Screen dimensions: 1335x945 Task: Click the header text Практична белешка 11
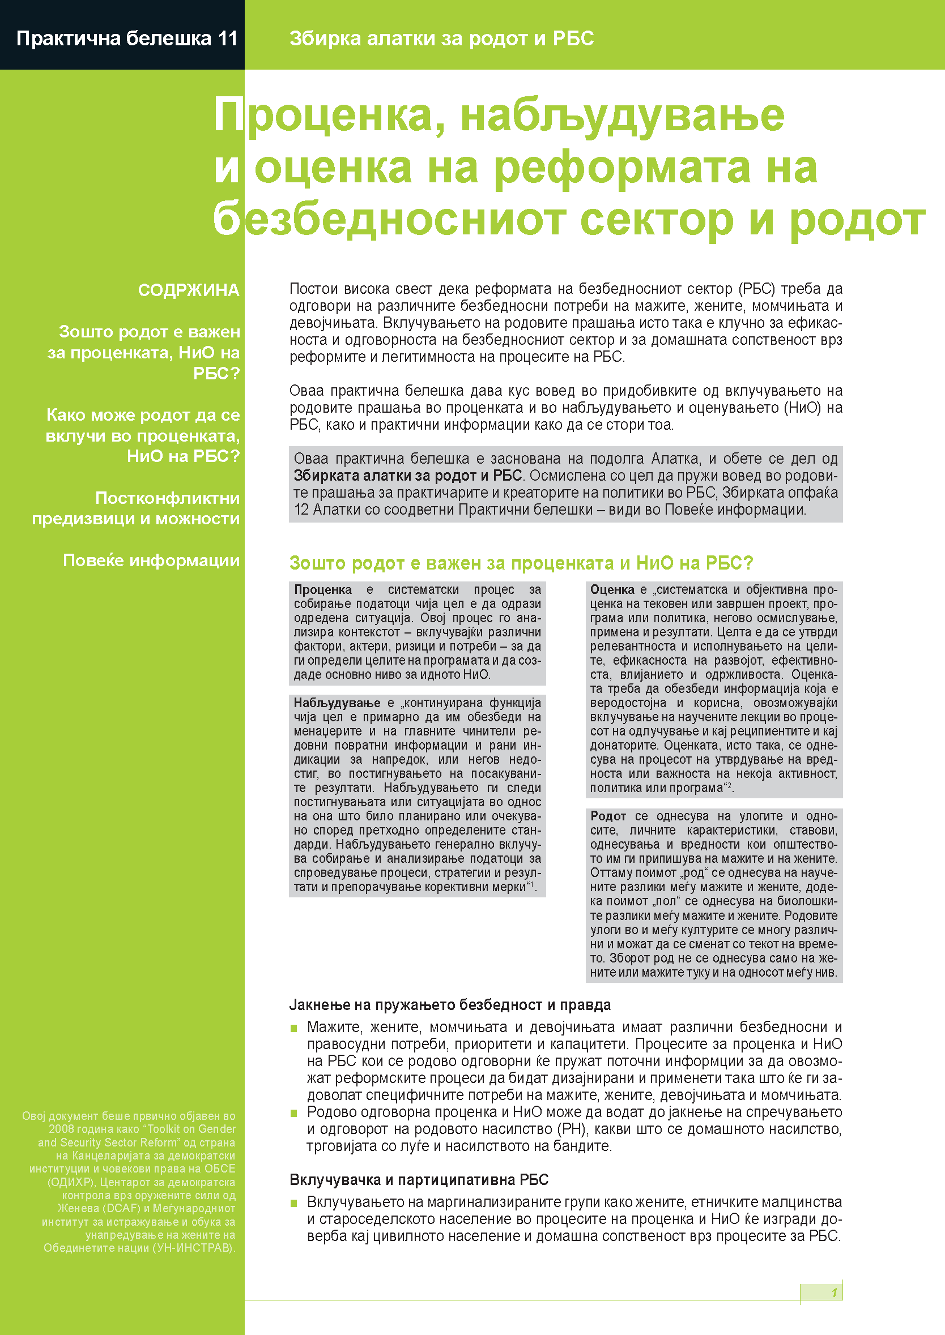[x=127, y=38]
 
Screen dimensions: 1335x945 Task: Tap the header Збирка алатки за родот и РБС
[x=441, y=38]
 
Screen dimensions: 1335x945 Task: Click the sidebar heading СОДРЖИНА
[x=189, y=290]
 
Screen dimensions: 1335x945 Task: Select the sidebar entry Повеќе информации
[x=151, y=560]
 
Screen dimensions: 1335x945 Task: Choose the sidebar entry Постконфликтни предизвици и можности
[x=136, y=508]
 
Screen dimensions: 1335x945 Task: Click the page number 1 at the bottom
[x=834, y=1293]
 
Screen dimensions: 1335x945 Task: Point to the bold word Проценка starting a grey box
[x=323, y=589]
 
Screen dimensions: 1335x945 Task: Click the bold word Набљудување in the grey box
[x=337, y=703]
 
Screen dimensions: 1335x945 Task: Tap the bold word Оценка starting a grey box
[x=612, y=589]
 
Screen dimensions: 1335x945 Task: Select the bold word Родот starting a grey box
[x=608, y=816]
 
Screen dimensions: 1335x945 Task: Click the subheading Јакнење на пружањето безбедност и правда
[x=450, y=1005]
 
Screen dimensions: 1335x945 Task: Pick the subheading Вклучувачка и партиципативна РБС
[x=419, y=1180]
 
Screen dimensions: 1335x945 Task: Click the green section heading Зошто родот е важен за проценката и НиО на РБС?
[x=521, y=563]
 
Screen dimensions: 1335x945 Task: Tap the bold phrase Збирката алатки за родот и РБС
[x=407, y=476]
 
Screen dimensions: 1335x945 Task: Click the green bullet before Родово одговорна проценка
[x=295, y=1113]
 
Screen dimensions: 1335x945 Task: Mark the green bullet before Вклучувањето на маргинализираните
[x=295, y=1203]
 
